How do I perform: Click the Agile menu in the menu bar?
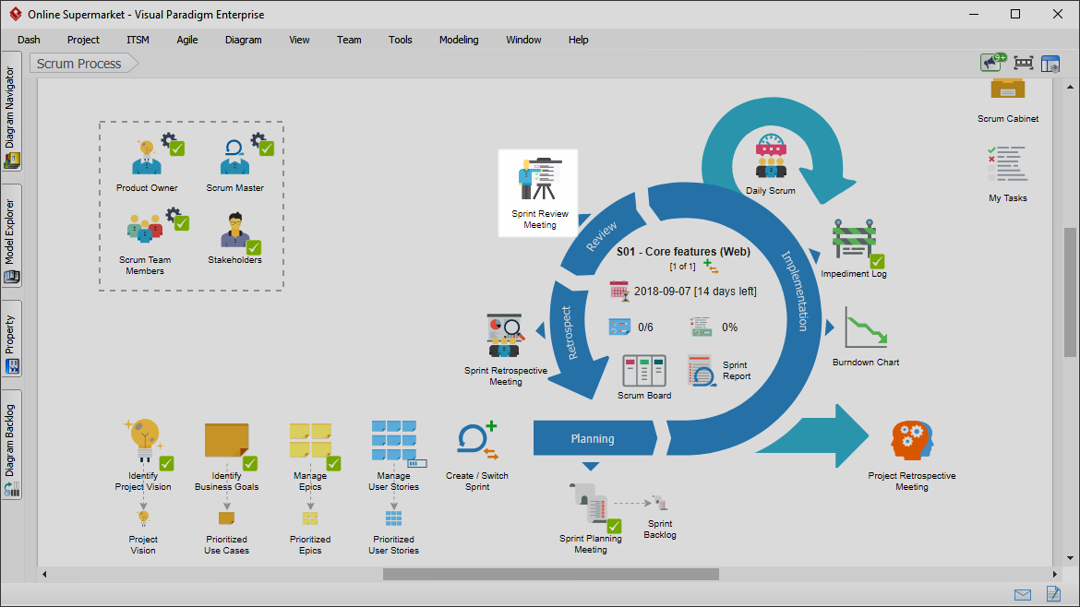point(186,40)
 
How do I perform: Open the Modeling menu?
point(459,40)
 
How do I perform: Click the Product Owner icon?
point(147,157)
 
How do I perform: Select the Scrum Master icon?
point(234,157)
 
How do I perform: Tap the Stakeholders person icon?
point(234,229)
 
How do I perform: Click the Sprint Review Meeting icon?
point(540,179)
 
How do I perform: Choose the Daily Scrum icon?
point(771,156)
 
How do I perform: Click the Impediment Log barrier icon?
point(854,241)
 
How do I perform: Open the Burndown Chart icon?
point(866,327)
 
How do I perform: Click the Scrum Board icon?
point(644,371)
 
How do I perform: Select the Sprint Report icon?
point(702,371)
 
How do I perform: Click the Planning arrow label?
point(593,439)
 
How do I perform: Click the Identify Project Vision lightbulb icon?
point(143,440)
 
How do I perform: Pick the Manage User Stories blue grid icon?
point(394,440)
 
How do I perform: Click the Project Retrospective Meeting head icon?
point(912,440)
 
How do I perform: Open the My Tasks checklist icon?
point(1008,164)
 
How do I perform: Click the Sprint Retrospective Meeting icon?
point(506,336)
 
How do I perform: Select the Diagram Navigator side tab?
point(10,110)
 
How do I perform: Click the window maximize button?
point(1015,14)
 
